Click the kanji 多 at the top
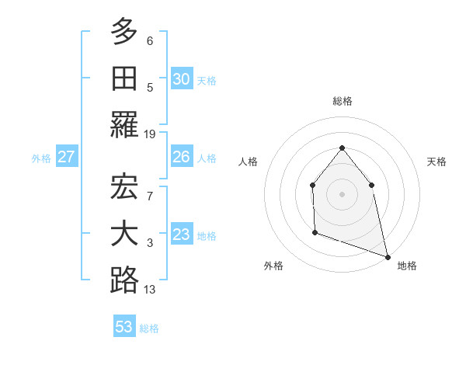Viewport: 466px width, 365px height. click(124, 32)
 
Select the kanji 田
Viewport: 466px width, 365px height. click(124, 78)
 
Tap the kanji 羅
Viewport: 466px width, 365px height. click(124, 124)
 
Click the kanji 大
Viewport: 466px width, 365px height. click(124, 234)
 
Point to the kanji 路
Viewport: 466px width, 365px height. click(124, 280)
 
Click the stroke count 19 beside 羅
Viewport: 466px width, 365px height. click(150, 134)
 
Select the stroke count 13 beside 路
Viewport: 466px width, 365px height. click(150, 290)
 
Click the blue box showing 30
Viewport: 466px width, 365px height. click(181, 78)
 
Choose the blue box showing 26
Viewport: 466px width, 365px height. click(181, 157)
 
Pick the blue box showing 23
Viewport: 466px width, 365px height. click(181, 235)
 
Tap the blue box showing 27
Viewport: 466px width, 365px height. click(66, 157)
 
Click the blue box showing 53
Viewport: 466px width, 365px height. click(124, 327)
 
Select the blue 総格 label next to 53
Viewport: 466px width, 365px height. click(149, 328)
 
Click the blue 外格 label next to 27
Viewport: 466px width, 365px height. click(41, 158)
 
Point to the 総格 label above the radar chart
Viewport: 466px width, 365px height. click(342, 101)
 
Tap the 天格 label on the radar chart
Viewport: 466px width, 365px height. click(437, 162)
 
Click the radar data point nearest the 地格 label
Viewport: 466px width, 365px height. click(387, 255)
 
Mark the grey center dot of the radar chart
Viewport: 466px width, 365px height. click(342, 193)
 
